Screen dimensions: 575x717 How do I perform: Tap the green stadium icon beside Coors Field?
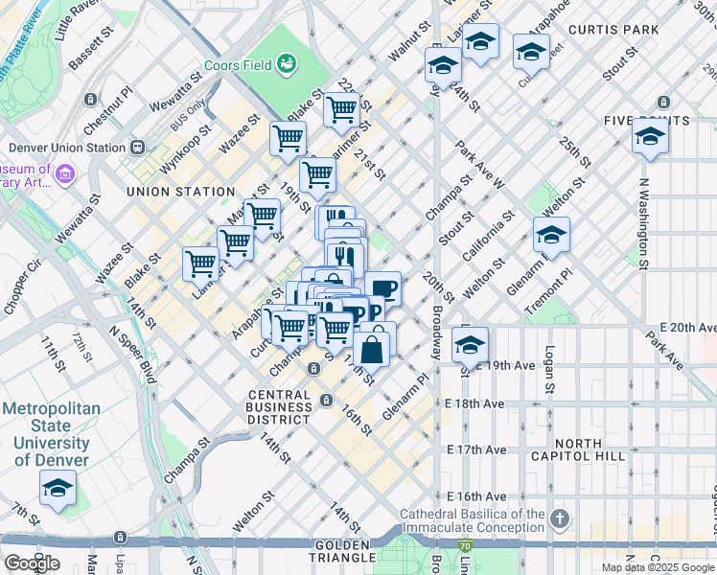click(x=286, y=64)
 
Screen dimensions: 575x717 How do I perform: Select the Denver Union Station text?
click(x=67, y=148)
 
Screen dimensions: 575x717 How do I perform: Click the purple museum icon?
click(x=65, y=173)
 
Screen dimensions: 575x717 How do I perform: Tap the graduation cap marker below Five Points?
click(x=650, y=137)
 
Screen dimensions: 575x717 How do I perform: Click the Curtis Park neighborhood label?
click(x=613, y=30)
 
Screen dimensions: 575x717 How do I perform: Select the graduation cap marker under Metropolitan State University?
click(x=58, y=490)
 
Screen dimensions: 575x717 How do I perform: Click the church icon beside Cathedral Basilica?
click(x=560, y=519)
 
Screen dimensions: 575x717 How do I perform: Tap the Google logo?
click(x=31, y=563)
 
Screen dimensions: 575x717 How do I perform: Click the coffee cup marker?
click(x=382, y=288)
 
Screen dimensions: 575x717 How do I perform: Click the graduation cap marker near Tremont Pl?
click(x=551, y=234)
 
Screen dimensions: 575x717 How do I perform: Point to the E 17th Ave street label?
click(x=476, y=449)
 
